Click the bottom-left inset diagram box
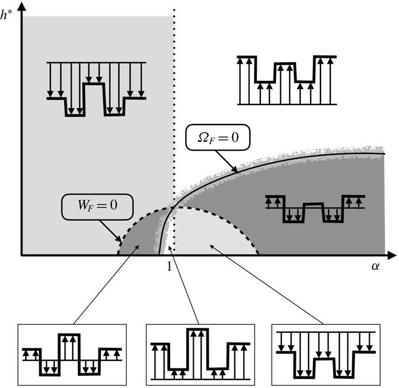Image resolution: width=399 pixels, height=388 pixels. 72,355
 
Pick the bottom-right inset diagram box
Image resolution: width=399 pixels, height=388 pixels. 326,354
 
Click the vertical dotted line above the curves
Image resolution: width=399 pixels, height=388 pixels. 173,86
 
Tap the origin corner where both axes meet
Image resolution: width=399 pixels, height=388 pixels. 22,254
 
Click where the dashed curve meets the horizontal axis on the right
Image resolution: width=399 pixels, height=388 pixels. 260,254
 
